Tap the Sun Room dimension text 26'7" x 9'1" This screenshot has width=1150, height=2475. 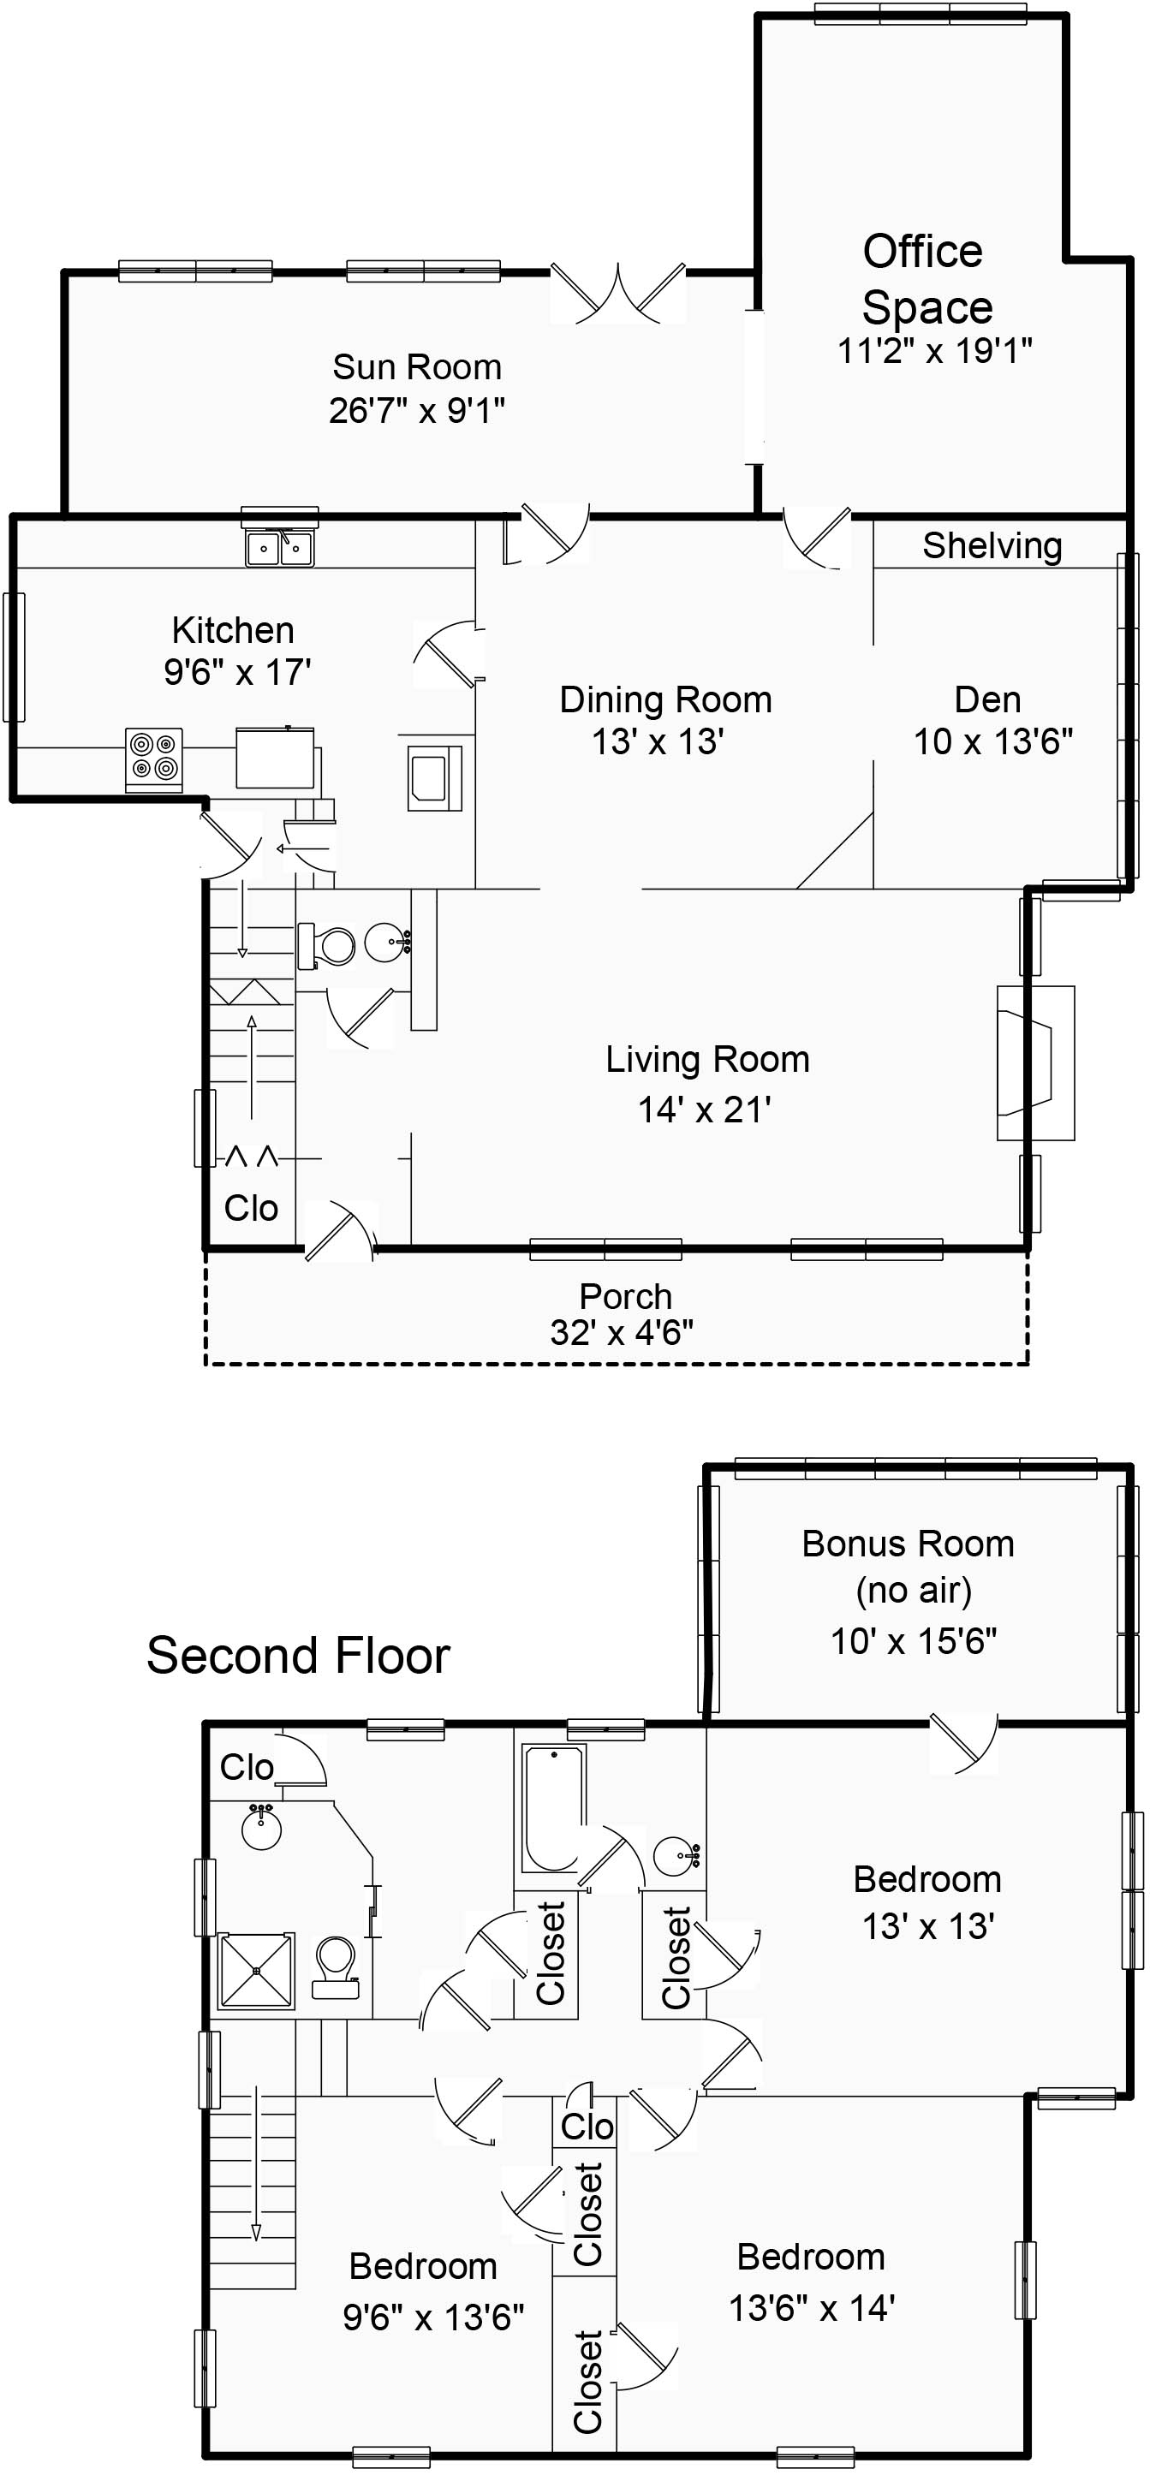[417, 411]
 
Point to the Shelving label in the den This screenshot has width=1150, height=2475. [992, 545]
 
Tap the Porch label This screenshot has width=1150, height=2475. [625, 1296]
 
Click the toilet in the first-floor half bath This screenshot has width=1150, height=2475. [330, 945]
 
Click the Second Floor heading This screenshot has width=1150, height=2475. [298, 1656]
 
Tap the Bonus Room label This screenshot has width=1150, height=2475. [908, 1544]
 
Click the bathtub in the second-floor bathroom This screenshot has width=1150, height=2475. [552, 1808]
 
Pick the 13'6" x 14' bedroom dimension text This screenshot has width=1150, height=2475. [812, 2308]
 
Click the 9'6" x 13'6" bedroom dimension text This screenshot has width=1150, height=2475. [433, 2317]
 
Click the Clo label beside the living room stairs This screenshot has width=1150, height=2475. [251, 1208]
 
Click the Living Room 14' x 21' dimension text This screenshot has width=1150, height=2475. [706, 1110]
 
